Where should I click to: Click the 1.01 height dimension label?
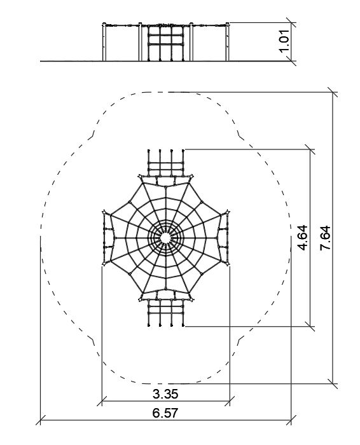284,41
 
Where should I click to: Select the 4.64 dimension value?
303,238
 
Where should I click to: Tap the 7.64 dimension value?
325,238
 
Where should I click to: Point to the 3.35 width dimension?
165,394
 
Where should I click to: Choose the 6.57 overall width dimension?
165,413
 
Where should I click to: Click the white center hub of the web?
165,238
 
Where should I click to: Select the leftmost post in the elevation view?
104,42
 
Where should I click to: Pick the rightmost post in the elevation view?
228,42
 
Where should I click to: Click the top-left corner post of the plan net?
140,177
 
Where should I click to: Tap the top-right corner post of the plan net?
191,177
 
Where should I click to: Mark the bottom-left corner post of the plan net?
140,299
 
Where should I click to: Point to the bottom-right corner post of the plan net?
191,299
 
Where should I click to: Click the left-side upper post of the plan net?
104,212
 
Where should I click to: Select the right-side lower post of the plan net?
228,264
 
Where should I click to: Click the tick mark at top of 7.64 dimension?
333,92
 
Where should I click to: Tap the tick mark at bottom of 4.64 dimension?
310,326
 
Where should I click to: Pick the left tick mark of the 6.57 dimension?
41,420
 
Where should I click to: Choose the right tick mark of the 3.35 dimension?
230,401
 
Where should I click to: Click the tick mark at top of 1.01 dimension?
291,22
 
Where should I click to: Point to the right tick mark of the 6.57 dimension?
291,420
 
